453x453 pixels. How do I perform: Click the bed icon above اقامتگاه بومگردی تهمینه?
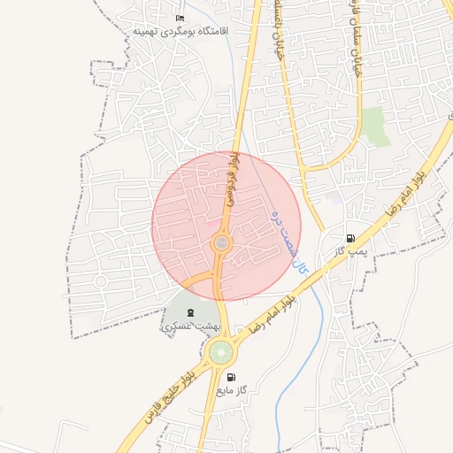point(180,19)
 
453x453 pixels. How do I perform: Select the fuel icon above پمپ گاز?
point(351,238)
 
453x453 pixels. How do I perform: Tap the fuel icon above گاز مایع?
point(232,376)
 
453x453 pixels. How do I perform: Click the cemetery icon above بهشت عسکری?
point(190,311)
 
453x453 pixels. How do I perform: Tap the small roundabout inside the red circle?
point(221,242)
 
